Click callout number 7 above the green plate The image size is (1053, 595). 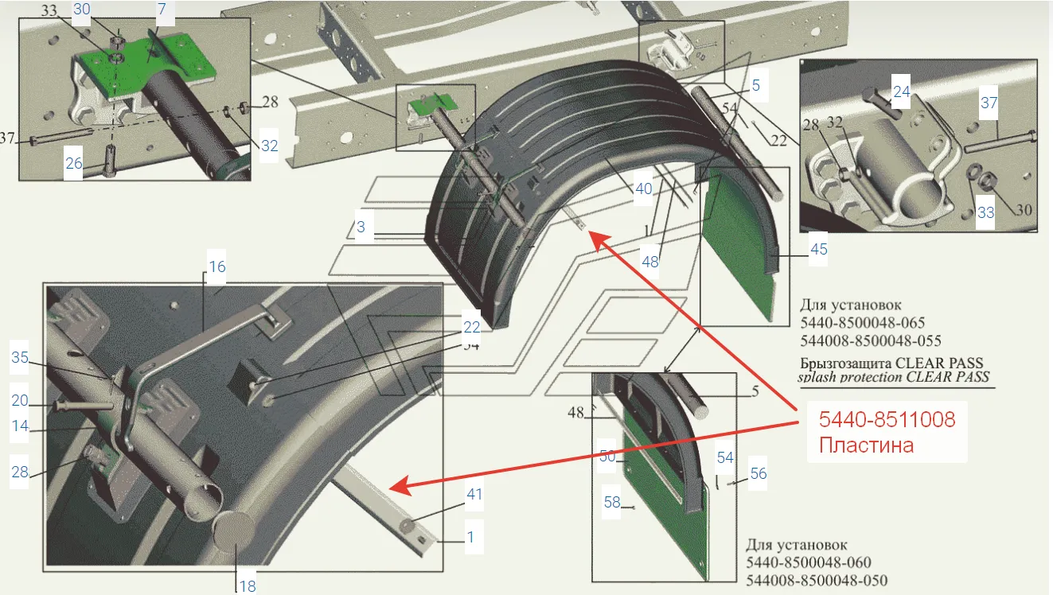[x=162, y=9]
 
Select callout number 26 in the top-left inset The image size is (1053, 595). [x=74, y=163]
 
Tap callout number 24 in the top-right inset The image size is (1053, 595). [x=902, y=91]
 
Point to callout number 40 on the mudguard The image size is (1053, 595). [x=644, y=189]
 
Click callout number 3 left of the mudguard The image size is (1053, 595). [x=361, y=227]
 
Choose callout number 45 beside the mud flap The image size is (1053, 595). [x=818, y=249]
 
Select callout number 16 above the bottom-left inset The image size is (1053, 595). [x=216, y=266]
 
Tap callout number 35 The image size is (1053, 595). [x=20, y=357]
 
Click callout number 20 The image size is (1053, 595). [x=20, y=400]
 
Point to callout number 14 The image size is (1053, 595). [x=20, y=426]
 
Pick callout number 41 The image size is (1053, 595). [x=474, y=494]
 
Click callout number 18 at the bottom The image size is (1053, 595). [x=248, y=586]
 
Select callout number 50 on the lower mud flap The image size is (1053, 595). [x=607, y=456]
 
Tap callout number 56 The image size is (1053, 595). [x=759, y=473]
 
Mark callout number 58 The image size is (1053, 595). [x=612, y=502]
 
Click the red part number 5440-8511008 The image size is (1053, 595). [x=887, y=419]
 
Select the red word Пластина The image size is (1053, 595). [x=866, y=445]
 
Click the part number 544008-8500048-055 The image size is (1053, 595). [x=871, y=340]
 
